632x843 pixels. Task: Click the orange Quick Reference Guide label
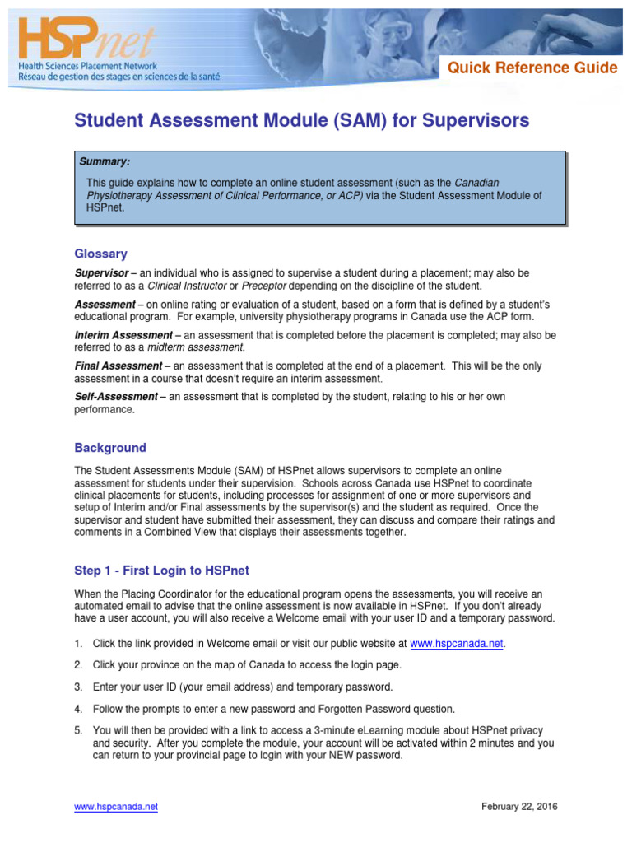click(532, 68)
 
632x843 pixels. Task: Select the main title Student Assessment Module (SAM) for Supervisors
click(302, 122)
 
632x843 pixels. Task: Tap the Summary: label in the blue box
click(105, 161)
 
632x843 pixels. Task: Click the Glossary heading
click(100, 254)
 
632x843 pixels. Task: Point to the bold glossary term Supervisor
click(101, 272)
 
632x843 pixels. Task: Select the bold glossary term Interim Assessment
click(123, 335)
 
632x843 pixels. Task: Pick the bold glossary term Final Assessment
click(118, 366)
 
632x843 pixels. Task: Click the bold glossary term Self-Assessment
click(116, 396)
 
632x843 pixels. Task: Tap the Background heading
click(110, 448)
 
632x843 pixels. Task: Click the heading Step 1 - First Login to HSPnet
click(161, 571)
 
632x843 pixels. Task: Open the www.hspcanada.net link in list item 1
click(456, 644)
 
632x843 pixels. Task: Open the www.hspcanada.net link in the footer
click(116, 807)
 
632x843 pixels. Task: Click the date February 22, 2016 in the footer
click(519, 807)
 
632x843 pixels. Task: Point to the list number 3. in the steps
click(79, 687)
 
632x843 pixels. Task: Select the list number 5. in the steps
click(79, 730)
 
